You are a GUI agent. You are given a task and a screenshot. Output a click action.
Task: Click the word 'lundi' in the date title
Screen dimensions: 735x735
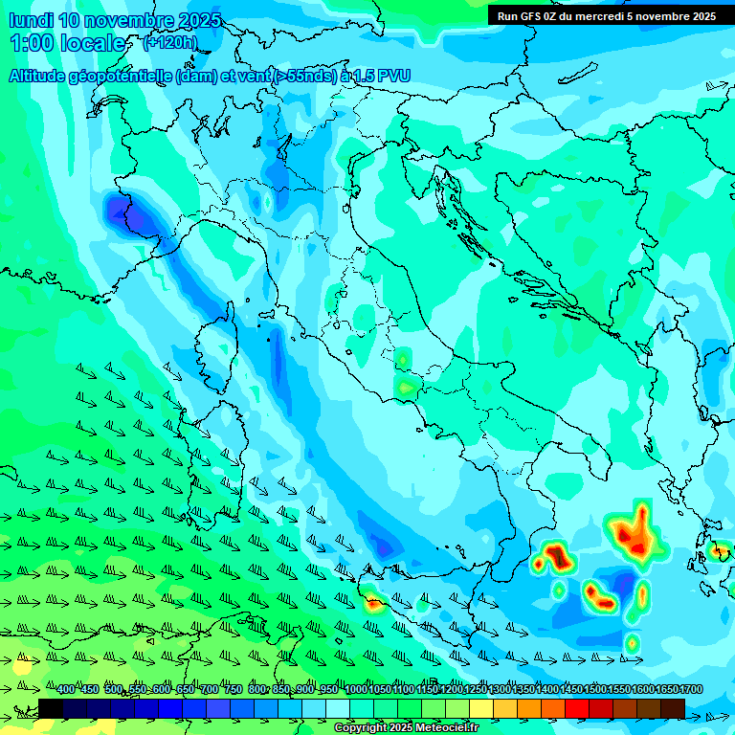(31, 20)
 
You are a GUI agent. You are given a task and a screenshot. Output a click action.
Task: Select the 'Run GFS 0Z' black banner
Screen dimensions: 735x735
(606, 16)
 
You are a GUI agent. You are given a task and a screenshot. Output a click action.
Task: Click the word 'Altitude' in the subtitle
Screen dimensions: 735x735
(43, 77)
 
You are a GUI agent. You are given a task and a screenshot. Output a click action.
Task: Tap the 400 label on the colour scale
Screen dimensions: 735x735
(66, 690)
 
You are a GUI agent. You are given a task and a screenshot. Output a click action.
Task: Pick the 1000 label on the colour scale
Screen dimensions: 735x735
(355, 690)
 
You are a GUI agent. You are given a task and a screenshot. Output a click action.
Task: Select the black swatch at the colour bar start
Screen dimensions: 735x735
(51, 708)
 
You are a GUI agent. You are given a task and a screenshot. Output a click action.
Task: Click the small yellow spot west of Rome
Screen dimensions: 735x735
(408, 387)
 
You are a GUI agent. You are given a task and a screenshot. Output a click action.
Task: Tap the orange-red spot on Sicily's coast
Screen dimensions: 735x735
(373, 603)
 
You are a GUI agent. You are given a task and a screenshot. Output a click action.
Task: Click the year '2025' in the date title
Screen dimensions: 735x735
(199, 20)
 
